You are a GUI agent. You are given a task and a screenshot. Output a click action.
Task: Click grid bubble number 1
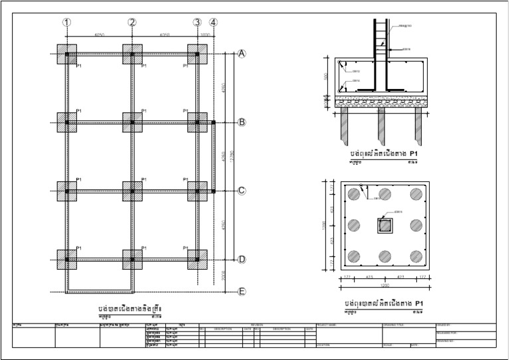(66, 23)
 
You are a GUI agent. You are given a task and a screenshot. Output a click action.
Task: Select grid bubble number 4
(212, 23)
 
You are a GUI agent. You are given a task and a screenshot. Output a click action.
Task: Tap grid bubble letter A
(242, 54)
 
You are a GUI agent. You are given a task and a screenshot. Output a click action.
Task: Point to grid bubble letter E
(242, 292)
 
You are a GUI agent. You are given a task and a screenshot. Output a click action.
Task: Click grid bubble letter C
(242, 191)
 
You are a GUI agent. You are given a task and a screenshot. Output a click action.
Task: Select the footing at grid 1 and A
(67, 54)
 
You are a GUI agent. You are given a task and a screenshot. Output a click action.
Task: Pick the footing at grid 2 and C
(132, 191)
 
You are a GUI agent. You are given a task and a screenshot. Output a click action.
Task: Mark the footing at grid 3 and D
(197, 259)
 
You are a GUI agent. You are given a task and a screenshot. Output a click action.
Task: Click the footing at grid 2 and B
(132, 122)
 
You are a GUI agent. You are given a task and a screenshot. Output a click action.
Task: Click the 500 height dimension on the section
(326, 76)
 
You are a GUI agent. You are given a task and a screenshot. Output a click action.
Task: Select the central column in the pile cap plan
(384, 226)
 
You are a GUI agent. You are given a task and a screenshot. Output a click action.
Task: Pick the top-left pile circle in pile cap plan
(353, 194)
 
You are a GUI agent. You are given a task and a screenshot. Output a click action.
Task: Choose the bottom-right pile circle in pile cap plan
(416, 256)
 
